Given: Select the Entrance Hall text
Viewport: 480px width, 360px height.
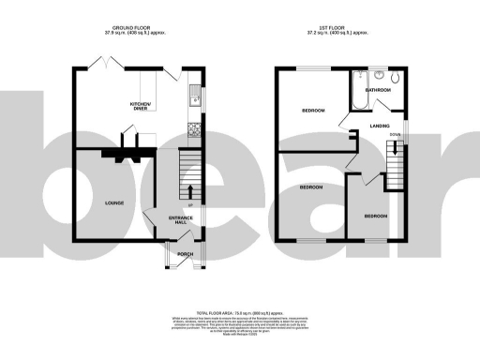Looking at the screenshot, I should tap(180, 220).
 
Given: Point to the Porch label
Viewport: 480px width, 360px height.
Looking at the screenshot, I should tap(185, 253).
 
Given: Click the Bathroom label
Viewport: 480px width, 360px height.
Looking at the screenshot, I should tap(379, 90).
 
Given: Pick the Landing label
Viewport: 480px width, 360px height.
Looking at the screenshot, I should tap(380, 125).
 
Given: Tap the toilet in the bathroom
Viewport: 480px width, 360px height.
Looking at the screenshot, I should tap(394, 78).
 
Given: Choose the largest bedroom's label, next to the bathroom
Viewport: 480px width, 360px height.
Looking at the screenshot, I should tap(313, 111).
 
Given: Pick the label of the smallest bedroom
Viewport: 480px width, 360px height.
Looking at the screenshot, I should tap(376, 217).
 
